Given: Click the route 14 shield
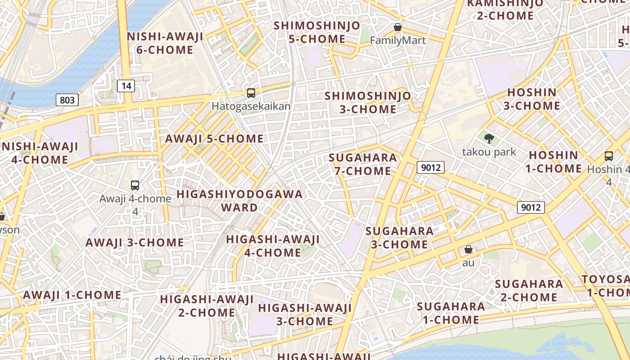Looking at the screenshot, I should tap(126, 85).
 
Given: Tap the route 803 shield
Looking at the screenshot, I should tap(67, 100).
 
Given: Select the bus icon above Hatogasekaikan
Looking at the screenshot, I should tap(251, 93).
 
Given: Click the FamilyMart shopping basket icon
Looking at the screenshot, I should tap(398, 27).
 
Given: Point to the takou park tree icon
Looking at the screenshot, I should tap(489, 138).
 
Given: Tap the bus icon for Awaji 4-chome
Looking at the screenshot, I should tap(135, 185).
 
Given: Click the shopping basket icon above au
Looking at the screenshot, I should tap(468, 249).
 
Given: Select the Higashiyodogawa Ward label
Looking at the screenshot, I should tap(239, 201).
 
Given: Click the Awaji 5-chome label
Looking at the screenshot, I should tap(214, 139).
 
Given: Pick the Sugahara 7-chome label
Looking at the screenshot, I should tap(363, 164).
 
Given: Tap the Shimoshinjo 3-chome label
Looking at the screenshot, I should tap(368, 103).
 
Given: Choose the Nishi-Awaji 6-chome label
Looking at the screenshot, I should tap(165, 43).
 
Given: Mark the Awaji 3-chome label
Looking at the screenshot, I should tap(135, 243).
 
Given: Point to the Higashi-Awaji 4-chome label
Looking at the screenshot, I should tap(273, 246).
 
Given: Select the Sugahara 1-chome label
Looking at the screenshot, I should tap(450, 313).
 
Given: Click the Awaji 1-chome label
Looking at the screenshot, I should tap(72, 295).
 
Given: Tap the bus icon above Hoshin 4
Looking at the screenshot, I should tap(609, 156).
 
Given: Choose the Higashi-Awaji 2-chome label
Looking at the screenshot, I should tap(207, 306).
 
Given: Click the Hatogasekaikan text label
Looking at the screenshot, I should tap(251, 107).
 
